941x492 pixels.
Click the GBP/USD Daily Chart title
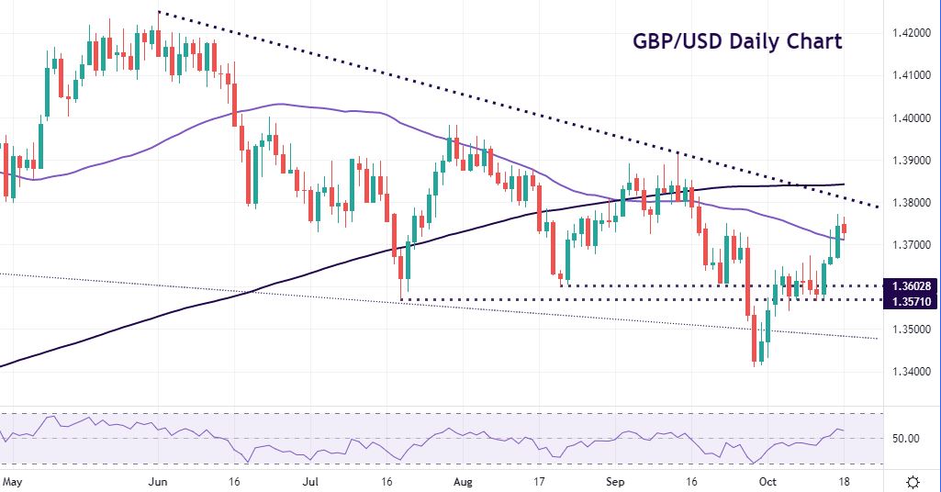[x=737, y=41]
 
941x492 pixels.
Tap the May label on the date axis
[x=12, y=481]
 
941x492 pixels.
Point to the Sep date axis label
[x=616, y=481]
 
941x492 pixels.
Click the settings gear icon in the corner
[x=913, y=482]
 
